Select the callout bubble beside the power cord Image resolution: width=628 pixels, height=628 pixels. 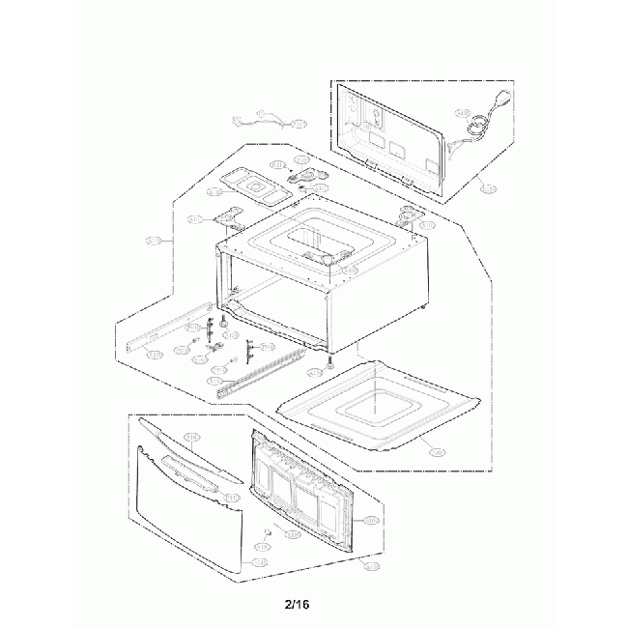pos(462,113)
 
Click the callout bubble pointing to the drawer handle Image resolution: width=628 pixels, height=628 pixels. pos(233,496)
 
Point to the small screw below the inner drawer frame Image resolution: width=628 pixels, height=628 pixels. pos(267,533)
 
